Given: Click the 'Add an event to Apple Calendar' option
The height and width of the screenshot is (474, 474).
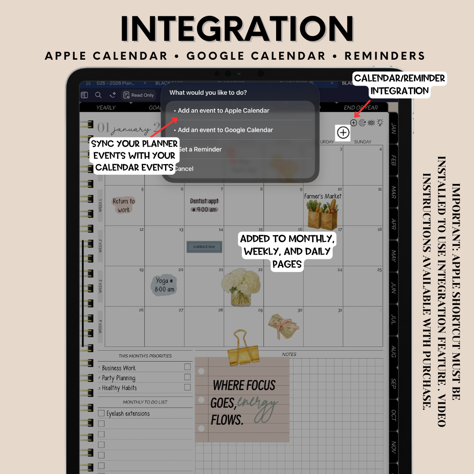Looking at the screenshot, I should click(x=223, y=111).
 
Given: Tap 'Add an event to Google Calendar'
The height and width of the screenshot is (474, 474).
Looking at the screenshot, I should click(x=225, y=130).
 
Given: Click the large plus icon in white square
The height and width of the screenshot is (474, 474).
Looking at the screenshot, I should click(x=343, y=133).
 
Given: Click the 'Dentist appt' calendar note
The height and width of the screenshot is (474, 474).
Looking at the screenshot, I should click(x=204, y=205).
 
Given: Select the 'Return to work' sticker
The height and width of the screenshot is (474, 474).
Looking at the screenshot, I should click(x=124, y=205).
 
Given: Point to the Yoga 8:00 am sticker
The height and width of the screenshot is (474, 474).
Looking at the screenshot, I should click(x=165, y=285).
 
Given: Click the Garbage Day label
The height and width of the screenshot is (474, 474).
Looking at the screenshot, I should click(x=204, y=247).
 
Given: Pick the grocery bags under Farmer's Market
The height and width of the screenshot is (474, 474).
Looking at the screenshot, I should click(x=323, y=215).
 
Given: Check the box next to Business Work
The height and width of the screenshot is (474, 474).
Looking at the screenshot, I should click(x=187, y=367).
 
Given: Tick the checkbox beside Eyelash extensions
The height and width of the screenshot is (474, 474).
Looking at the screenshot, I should click(x=101, y=413).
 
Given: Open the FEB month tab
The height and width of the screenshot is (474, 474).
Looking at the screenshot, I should click(x=393, y=160).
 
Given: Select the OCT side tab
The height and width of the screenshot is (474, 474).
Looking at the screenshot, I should click(x=393, y=416).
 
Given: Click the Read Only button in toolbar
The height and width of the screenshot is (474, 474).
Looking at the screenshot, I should click(x=139, y=95).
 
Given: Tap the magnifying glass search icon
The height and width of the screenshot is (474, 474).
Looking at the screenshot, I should click(x=98, y=95).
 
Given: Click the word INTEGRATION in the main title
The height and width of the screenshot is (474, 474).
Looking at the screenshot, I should click(x=237, y=29).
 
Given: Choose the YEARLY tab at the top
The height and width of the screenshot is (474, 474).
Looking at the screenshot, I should click(x=106, y=108).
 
